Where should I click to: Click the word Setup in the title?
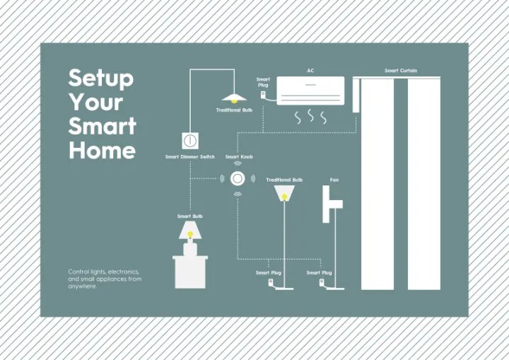pos(100,79)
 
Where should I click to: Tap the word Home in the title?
pos(102,150)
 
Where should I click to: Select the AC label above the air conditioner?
pos(310,71)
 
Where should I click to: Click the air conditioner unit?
pos(310,91)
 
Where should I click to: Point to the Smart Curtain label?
pos(401,71)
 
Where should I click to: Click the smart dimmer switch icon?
pos(189,140)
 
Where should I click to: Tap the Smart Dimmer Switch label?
pos(189,157)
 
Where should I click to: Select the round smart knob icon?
pos(238,178)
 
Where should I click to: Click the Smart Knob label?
pos(239,157)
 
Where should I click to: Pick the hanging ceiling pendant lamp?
pos(233,98)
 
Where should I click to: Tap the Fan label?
pos(334,180)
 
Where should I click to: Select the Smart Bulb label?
pos(189,216)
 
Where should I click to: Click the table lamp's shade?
pos(189,231)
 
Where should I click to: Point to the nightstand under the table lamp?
pos(190,272)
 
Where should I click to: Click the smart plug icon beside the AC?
pos(264,94)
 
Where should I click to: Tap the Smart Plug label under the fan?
pos(319,272)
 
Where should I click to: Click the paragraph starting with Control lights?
pos(105,279)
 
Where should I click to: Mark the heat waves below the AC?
pos(310,117)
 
